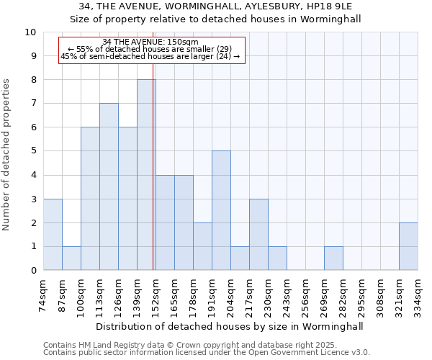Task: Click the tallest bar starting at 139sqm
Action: pos(146,175)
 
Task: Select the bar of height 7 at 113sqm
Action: pos(109,187)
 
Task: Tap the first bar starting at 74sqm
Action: pos(53,235)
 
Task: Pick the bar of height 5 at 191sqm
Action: pos(221,211)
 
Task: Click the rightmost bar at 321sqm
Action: pos(408,247)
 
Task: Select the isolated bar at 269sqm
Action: pos(333,258)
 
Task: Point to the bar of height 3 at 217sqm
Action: pos(258,235)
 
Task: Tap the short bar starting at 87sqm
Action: pos(71,258)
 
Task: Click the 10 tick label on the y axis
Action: pos(30,32)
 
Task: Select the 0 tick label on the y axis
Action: pos(33,271)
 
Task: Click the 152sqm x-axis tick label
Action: pos(156,294)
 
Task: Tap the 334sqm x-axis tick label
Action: pos(418,294)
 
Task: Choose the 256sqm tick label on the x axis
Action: pos(306,294)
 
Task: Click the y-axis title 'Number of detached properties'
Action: pos(7,156)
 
